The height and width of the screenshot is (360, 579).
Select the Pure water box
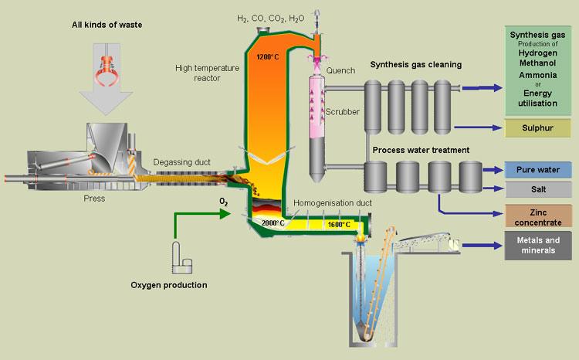pos(537,169)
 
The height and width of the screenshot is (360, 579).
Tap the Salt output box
pos(537,189)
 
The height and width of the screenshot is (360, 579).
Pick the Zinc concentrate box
pos(537,216)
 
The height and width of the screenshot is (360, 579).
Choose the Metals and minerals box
pos(537,244)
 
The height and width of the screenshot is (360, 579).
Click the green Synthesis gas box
pos(537,70)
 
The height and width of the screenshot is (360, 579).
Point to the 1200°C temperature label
pos(267,56)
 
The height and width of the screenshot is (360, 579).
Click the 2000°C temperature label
pos(273,224)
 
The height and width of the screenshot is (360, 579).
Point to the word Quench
pos(340,70)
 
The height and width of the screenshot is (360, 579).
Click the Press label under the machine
pos(93,199)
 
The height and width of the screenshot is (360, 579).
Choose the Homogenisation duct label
pos(332,203)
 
